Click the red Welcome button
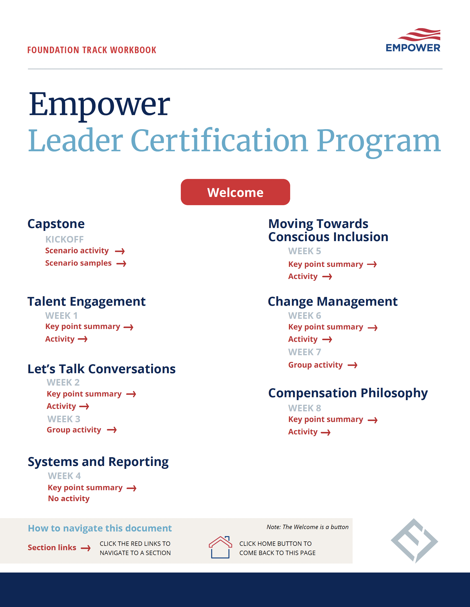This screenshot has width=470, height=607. click(x=235, y=192)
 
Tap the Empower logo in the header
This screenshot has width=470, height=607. click(x=413, y=41)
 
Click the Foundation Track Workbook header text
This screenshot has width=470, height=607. click(x=92, y=50)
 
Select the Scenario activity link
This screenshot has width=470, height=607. click(x=77, y=251)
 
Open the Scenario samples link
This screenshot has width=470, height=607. click(x=78, y=263)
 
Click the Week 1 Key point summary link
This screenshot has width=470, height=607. click(x=83, y=327)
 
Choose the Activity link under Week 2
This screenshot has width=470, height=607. click(x=61, y=406)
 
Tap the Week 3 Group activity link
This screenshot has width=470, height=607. click(x=74, y=430)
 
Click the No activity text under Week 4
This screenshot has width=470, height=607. click(x=69, y=499)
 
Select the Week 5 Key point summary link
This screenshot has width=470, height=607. click(x=326, y=264)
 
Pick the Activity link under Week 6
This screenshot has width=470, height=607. click(x=303, y=339)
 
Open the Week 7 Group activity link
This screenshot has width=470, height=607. click(x=315, y=365)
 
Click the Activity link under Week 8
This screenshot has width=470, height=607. click(x=303, y=432)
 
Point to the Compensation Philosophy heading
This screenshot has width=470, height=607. click(x=348, y=393)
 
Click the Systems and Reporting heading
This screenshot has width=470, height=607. click(x=98, y=462)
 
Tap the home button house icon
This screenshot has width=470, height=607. click(x=220, y=547)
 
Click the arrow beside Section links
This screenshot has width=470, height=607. click(x=86, y=548)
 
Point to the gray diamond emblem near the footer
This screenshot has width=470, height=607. click(x=414, y=540)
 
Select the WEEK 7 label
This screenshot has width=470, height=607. click(x=305, y=352)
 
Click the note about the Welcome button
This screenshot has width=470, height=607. click(x=307, y=527)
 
